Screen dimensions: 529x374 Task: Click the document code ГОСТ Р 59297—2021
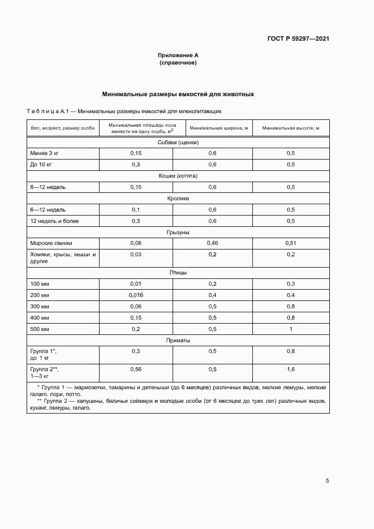click(298, 39)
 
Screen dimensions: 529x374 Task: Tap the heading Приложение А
click(178, 56)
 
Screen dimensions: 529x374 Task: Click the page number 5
click(327, 481)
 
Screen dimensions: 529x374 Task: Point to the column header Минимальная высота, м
click(290, 128)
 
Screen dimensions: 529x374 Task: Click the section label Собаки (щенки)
click(178, 143)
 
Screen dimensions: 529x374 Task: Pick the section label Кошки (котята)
click(178, 176)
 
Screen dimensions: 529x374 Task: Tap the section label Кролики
click(178, 199)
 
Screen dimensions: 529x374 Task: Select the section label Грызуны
click(178, 232)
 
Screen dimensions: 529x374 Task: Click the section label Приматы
click(178, 341)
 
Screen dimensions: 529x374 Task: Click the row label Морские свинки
click(51, 243)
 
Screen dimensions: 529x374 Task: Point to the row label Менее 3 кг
click(45, 153)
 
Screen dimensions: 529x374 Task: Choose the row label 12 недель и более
click(54, 221)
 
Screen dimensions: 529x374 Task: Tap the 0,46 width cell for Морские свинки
click(212, 243)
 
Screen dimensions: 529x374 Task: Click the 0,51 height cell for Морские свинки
click(290, 243)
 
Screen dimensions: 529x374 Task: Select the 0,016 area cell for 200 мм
click(136, 295)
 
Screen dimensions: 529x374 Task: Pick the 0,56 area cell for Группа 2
click(136, 369)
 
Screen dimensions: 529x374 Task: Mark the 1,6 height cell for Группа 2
click(290, 369)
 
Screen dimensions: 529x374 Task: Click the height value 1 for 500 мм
click(290, 329)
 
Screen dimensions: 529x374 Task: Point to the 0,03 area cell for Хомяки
click(136, 255)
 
